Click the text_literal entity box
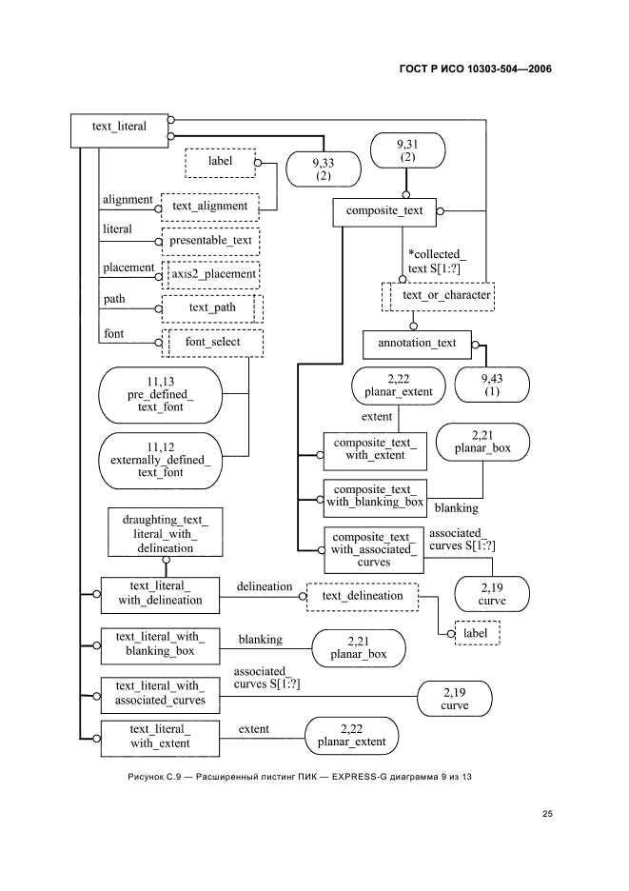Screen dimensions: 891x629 (x=119, y=130)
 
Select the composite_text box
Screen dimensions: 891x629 (x=384, y=212)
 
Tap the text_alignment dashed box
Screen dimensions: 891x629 (x=210, y=206)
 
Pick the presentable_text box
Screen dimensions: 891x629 (x=210, y=241)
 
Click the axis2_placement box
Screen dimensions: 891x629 (x=212, y=274)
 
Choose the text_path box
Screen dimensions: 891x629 (x=212, y=308)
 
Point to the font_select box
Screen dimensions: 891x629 (x=212, y=343)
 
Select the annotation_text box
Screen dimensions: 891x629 (x=418, y=343)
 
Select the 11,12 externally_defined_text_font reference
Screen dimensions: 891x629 (x=159, y=459)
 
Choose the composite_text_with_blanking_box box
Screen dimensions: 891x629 (x=374, y=495)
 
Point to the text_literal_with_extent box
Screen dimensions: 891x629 (x=160, y=737)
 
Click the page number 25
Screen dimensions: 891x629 (x=547, y=814)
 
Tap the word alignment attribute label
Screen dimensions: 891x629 (x=127, y=200)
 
